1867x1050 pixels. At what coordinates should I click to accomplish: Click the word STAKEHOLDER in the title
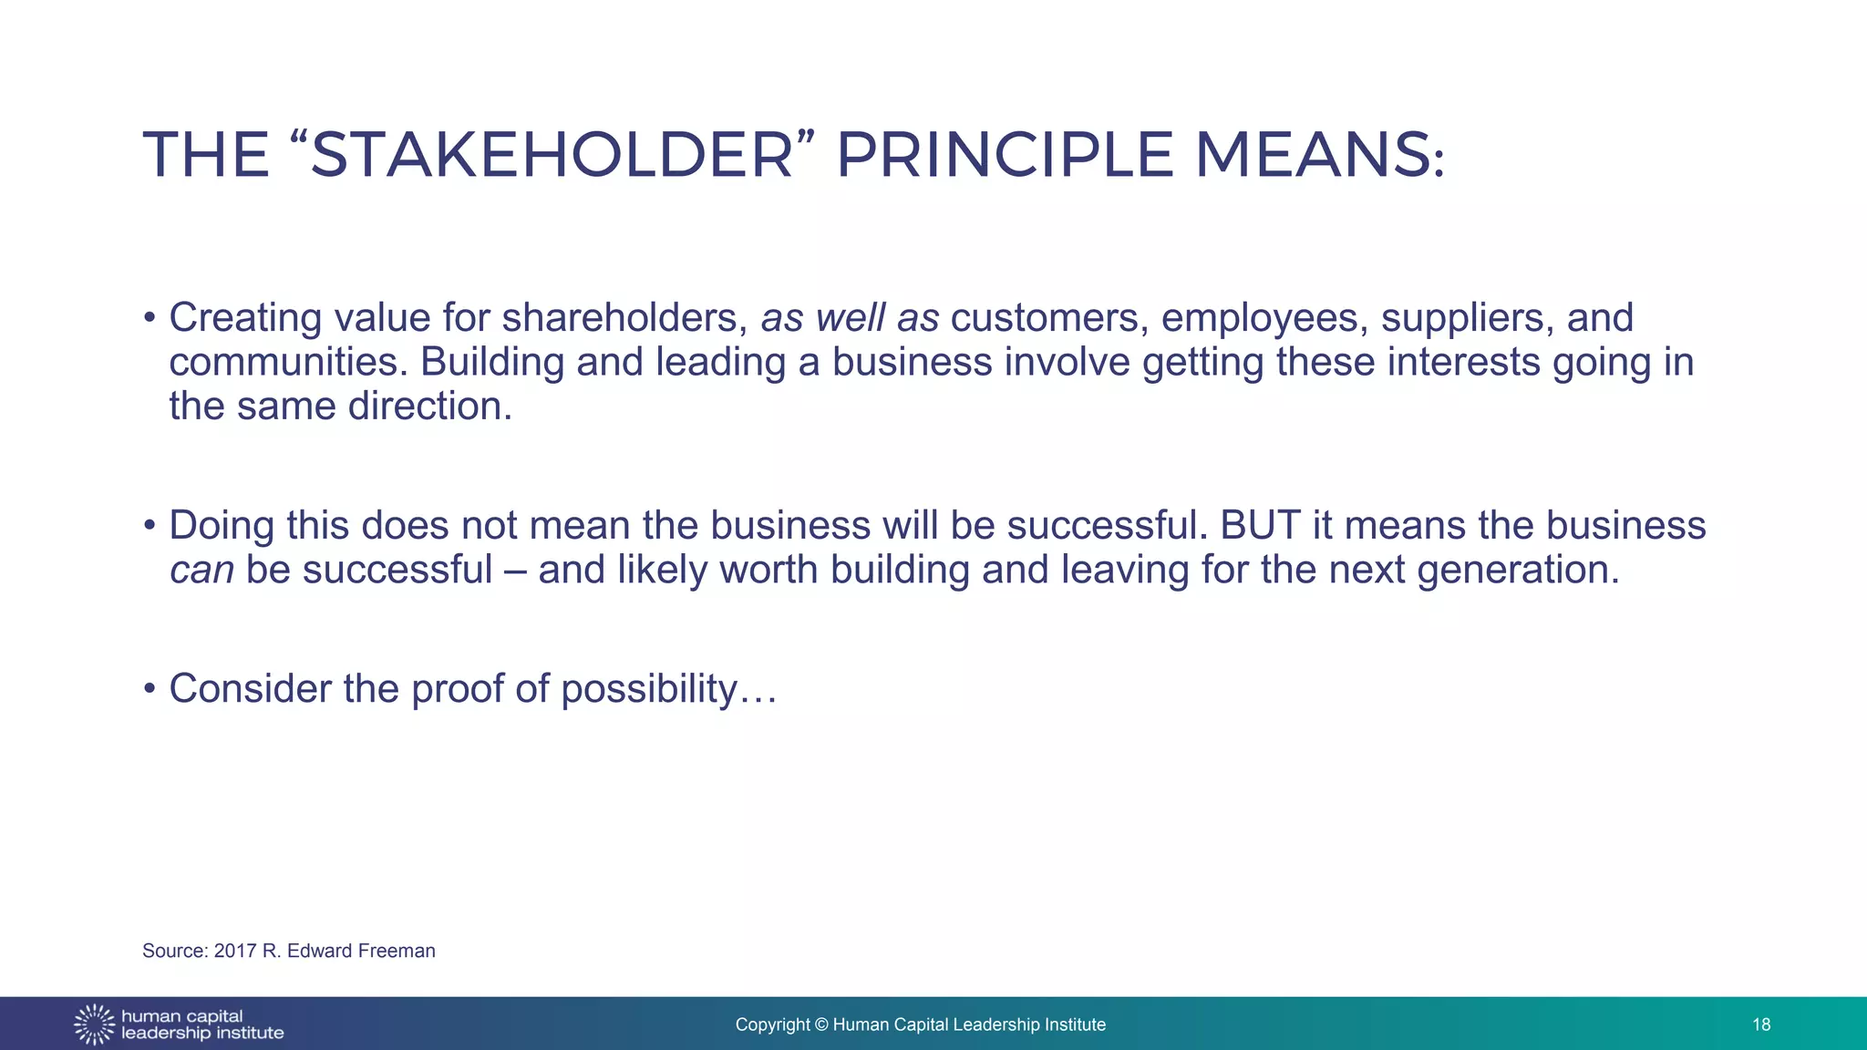(552, 155)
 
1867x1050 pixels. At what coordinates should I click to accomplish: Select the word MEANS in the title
(1313, 155)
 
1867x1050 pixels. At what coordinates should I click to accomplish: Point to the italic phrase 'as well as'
(850, 317)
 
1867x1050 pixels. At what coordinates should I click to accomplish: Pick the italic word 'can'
(201, 570)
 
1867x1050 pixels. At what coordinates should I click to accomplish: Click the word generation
(1518, 570)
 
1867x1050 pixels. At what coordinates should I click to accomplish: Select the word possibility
(648, 689)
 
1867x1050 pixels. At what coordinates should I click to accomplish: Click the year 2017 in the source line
(235, 951)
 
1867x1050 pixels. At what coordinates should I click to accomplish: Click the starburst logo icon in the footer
(94, 1024)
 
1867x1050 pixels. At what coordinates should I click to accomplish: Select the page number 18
(1761, 1024)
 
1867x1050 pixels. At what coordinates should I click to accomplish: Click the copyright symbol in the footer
(821, 1024)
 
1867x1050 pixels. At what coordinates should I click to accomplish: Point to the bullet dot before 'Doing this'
(150, 526)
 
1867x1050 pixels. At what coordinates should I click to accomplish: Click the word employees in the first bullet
(1264, 317)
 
